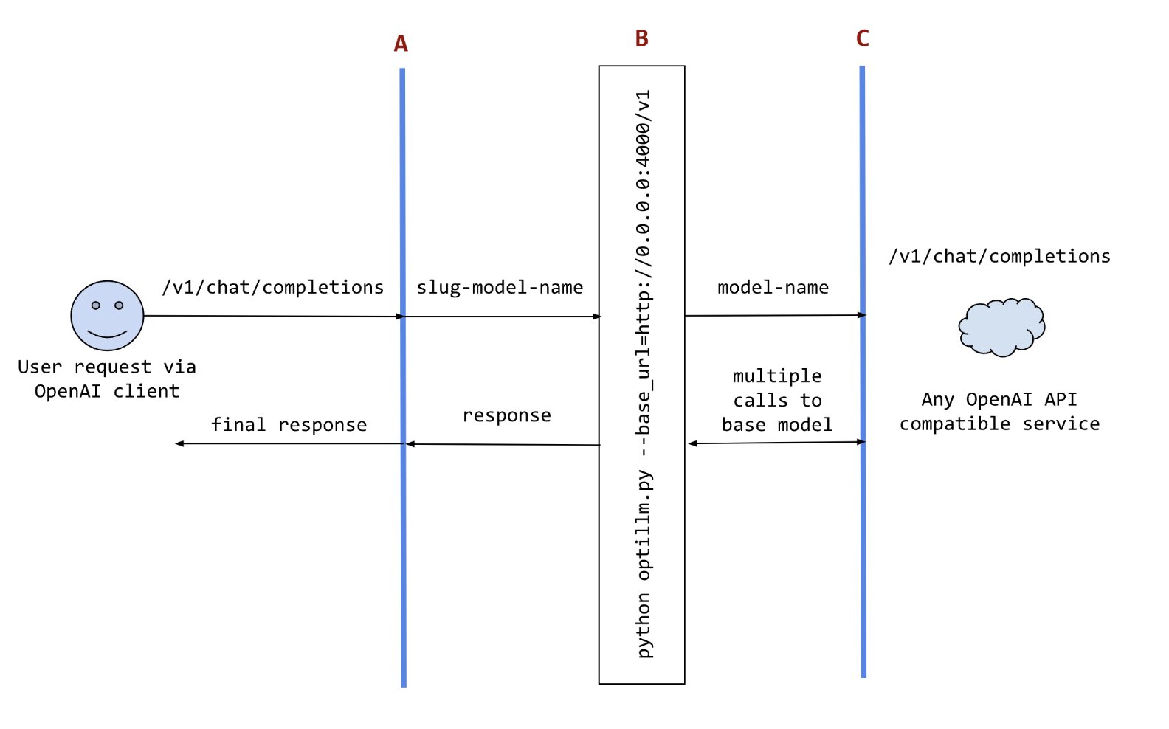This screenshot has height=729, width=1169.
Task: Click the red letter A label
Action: [401, 44]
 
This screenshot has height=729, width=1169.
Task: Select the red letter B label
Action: [641, 38]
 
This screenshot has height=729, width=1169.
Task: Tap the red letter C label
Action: [862, 38]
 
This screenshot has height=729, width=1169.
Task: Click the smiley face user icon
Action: [108, 316]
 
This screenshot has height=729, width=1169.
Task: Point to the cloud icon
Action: [1001, 327]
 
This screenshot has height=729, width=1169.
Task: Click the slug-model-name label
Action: [500, 287]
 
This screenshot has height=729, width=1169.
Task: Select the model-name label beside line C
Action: [773, 287]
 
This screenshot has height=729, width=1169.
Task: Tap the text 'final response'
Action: [289, 425]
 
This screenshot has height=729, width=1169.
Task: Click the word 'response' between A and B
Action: [506, 415]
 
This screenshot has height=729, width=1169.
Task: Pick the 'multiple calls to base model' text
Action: [777, 401]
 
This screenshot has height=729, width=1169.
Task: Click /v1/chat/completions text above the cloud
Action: [999, 256]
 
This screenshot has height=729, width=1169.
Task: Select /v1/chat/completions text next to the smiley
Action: [273, 287]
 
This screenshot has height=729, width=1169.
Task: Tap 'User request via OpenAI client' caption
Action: [107, 379]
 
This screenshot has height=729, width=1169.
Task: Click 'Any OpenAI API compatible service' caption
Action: [999, 412]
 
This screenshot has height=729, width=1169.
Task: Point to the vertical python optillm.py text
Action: [644, 374]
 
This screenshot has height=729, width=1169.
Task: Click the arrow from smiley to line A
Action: [273, 317]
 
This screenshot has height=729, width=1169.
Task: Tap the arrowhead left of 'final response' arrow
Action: [179, 443]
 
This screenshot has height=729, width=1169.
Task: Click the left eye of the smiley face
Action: [96, 305]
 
